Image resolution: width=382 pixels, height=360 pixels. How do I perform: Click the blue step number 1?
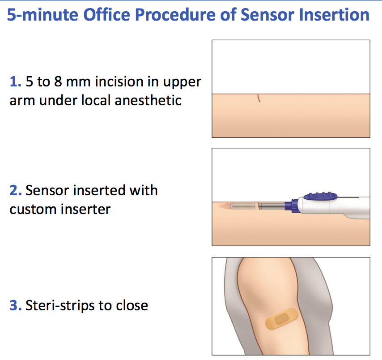14,82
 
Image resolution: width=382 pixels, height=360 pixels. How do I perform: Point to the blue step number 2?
14,190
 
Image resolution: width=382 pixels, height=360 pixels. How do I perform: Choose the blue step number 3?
14,306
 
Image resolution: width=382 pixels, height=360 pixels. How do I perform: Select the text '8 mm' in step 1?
71,82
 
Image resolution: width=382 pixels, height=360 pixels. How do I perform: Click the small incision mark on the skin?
259,99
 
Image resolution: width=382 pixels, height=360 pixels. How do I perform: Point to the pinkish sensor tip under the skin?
226,206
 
